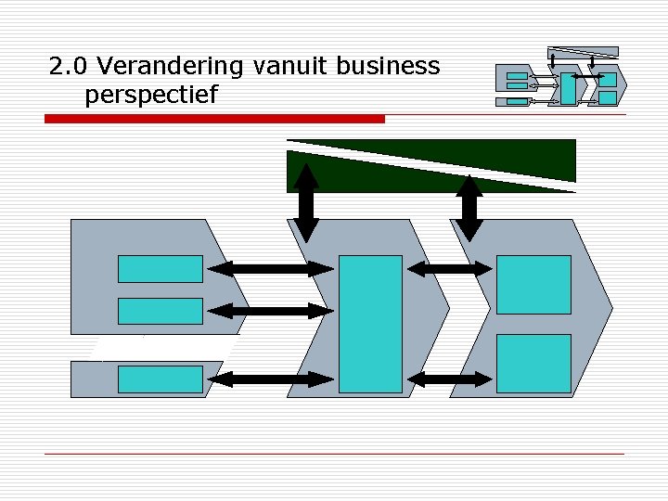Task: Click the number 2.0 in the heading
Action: (70, 67)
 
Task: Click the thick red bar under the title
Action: (214, 119)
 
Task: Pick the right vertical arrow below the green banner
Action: (470, 206)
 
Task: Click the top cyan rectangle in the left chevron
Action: (160, 268)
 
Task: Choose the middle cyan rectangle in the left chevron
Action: (160, 311)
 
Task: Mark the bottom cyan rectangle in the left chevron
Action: (160, 379)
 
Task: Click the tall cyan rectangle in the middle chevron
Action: (370, 324)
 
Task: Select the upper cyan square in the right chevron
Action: (533, 284)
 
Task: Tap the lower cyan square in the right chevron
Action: (533, 363)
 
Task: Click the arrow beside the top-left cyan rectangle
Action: (270, 269)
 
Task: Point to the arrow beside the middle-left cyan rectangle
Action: (270, 311)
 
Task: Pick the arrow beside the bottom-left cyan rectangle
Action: (270, 379)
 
